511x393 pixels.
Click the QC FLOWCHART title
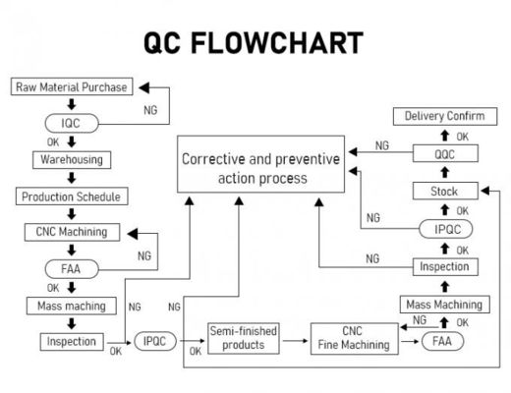tap(254, 42)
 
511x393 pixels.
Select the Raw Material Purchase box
tap(71, 87)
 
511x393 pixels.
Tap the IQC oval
tap(72, 124)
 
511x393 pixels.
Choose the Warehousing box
tap(72, 159)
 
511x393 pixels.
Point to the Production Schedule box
tap(72, 196)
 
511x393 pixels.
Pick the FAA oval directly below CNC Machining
tap(72, 268)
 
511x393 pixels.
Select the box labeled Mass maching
tap(72, 306)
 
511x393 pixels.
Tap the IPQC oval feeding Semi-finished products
tap(154, 342)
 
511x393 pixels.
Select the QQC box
tap(444, 154)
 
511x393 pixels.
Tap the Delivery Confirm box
tap(444, 117)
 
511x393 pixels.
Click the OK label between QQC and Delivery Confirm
tap(462, 136)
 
